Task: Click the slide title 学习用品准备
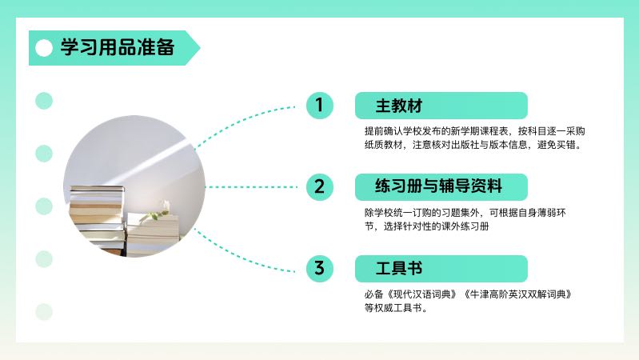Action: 118,47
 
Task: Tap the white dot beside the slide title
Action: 44,48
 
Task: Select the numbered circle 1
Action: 320,105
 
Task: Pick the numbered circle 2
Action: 320,187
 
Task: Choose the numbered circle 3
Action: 320,269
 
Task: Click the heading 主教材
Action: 399,106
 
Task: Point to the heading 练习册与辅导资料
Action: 438,186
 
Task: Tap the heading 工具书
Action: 399,268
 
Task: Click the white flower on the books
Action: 166,206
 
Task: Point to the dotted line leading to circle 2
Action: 251,187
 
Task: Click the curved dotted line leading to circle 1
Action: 241,122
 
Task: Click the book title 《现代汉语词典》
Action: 421,294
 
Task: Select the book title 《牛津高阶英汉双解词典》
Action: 517,294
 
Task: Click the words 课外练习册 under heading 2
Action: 465,226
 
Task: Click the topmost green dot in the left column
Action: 44,101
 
